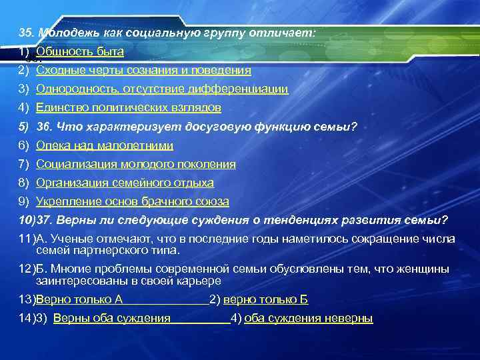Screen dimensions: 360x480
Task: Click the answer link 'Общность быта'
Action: (80, 51)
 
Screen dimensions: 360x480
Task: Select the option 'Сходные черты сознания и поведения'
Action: (143, 70)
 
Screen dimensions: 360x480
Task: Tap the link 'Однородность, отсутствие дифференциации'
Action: (162, 89)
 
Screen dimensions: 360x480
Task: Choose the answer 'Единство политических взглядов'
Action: (129, 107)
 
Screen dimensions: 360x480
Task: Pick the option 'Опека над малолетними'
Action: (105, 145)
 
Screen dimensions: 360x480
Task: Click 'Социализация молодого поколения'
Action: (136, 164)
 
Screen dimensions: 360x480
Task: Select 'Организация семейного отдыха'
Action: (125, 183)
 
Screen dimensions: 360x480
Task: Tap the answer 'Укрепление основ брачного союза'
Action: (133, 201)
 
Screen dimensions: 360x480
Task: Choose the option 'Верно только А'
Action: (79, 300)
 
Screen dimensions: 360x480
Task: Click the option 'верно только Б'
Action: (265, 300)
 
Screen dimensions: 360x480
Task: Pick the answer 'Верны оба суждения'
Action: (111, 319)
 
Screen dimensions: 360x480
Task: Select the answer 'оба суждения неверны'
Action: (309, 319)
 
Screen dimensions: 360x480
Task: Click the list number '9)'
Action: (24, 201)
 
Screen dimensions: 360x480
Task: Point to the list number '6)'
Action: (24, 145)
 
